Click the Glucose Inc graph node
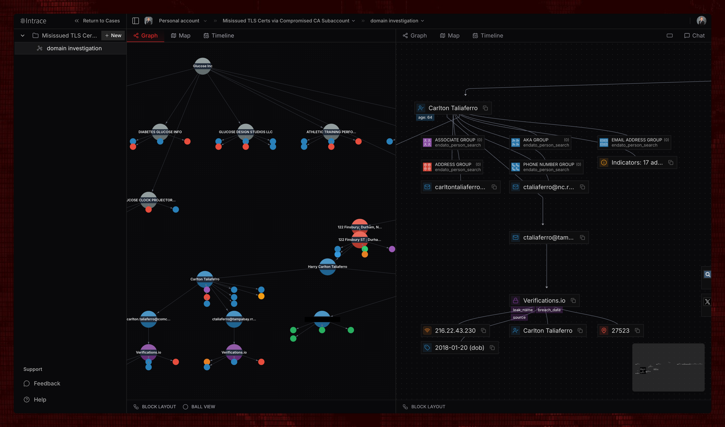pos(202,66)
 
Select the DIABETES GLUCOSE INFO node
pos(160,132)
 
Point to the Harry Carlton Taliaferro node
pos(327,266)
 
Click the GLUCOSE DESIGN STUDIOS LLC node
pos(245,132)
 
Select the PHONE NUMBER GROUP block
pos(546,167)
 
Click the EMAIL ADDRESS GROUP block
pos(634,142)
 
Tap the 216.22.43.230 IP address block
pos(455,331)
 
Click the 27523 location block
pos(620,331)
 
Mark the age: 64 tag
pos(425,117)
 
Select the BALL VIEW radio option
pos(185,407)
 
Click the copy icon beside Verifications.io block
pos(573,300)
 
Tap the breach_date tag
pos(549,310)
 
